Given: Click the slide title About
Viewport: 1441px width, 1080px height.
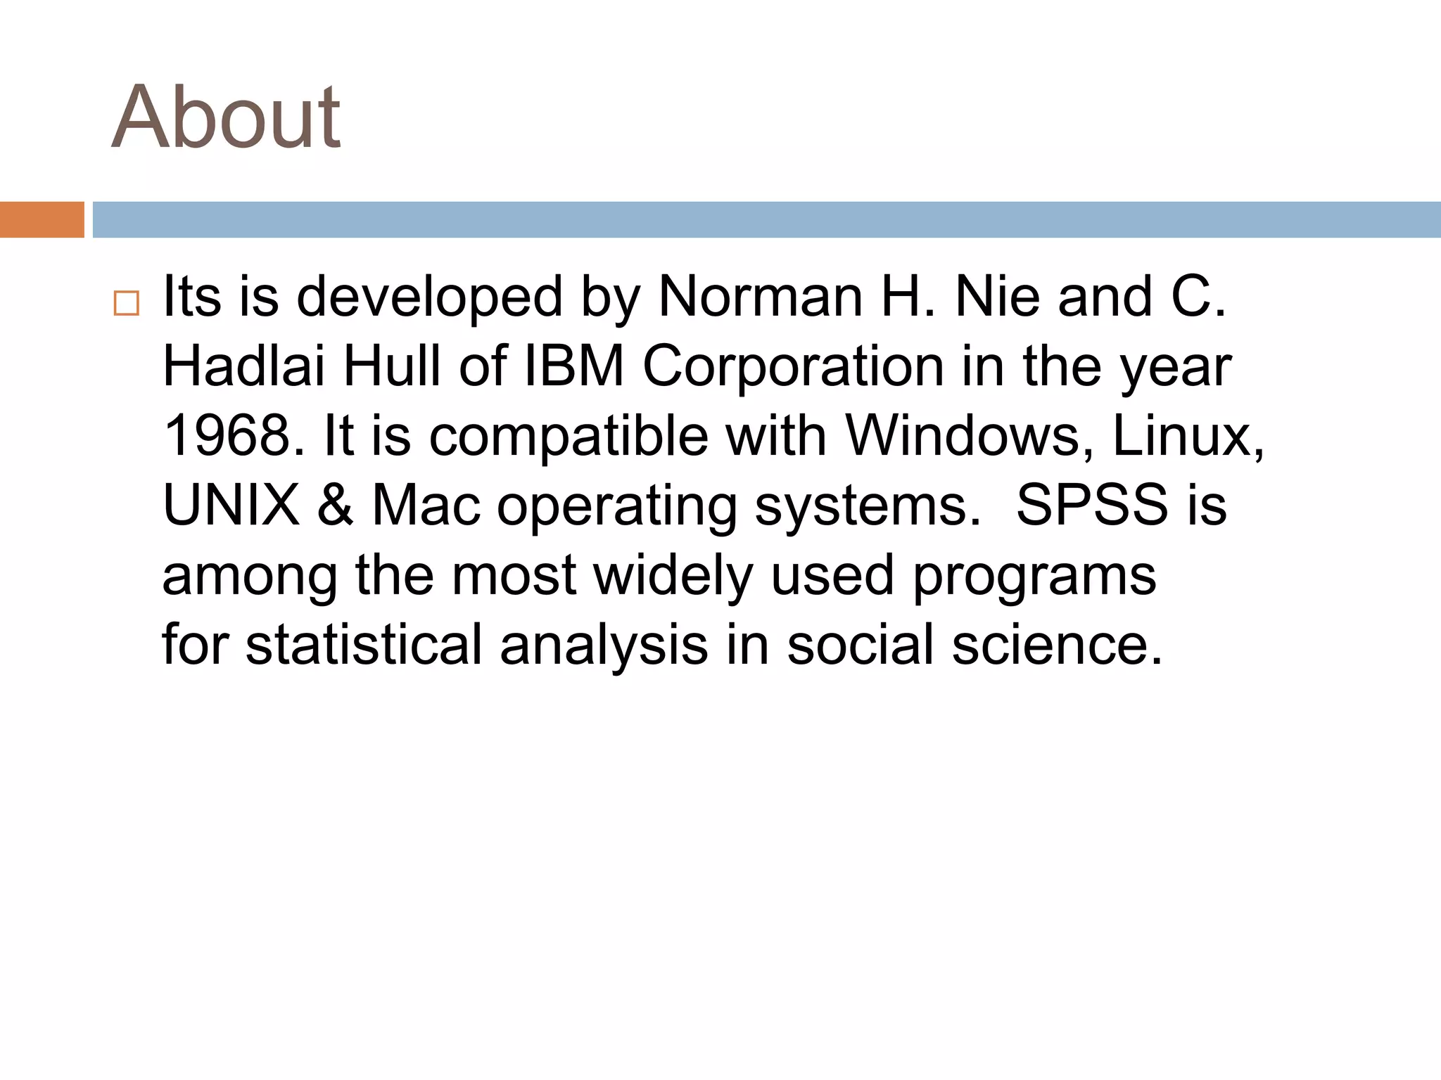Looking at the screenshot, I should [x=226, y=117].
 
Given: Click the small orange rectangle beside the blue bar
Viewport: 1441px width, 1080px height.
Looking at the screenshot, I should [x=42, y=219].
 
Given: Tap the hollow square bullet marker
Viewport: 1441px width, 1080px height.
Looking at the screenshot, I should [x=126, y=303].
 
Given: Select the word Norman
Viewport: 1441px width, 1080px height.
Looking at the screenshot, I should [x=760, y=297].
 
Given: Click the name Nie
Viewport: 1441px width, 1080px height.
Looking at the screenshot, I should [x=998, y=297].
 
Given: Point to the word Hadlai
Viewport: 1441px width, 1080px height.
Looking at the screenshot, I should [x=243, y=366].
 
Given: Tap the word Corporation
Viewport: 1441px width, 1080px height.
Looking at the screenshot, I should [x=793, y=366].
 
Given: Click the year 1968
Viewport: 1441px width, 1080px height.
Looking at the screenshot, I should [x=227, y=436].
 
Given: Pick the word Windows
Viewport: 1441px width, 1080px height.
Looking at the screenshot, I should [x=963, y=436].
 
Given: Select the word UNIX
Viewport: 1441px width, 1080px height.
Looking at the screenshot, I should [x=231, y=505].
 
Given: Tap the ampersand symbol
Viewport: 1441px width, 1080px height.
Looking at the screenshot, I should [x=335, y=505].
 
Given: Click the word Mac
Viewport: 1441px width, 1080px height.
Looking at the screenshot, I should [x=426, y=505].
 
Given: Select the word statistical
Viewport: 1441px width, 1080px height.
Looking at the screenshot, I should [x=364, y=644].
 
